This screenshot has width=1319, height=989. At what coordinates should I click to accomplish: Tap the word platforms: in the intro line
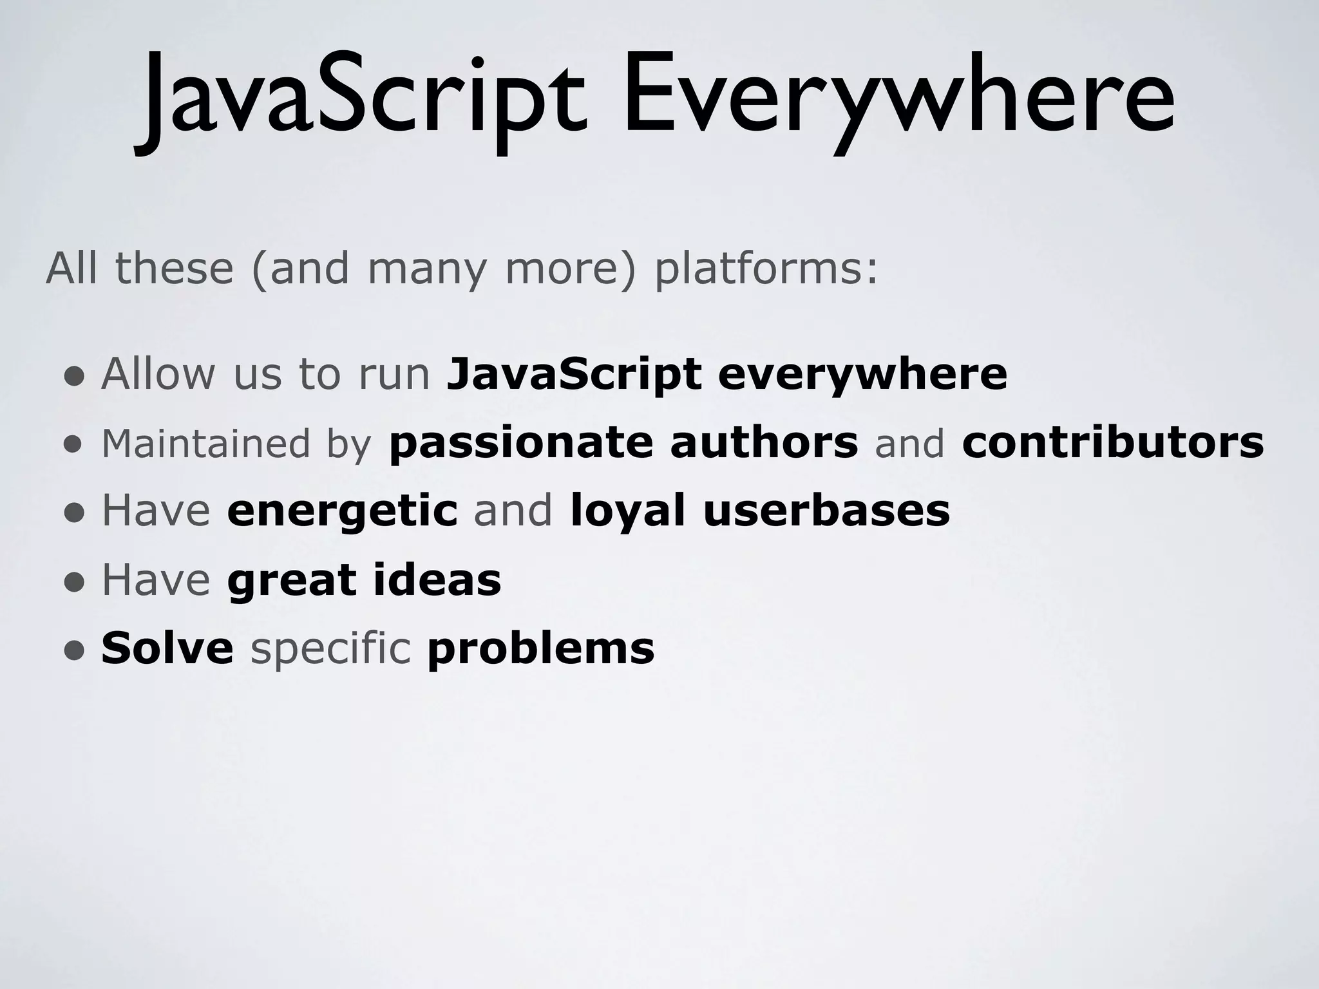click(x=766, y=269)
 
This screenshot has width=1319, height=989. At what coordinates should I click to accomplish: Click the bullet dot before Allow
click(x=74, y=376)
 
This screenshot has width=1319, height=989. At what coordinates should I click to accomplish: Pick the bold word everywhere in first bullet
click(x=862, y=375)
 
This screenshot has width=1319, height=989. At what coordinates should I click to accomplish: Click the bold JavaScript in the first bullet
click(x=574, y=375)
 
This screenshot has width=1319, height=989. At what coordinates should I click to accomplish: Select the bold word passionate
click(x=520, y=444)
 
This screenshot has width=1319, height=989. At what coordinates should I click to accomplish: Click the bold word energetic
click(x=342, y=513)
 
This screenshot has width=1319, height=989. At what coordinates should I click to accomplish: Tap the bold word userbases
click(x=826, y=511)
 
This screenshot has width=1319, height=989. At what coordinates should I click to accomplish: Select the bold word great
click(x=292, y=581)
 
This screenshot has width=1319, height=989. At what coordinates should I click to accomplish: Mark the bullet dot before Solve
click(x=74, y=651)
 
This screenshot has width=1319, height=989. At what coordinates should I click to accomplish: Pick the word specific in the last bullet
click(x=330, y=649)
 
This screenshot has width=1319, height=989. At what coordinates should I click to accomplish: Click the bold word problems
click(x=541, y=649)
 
